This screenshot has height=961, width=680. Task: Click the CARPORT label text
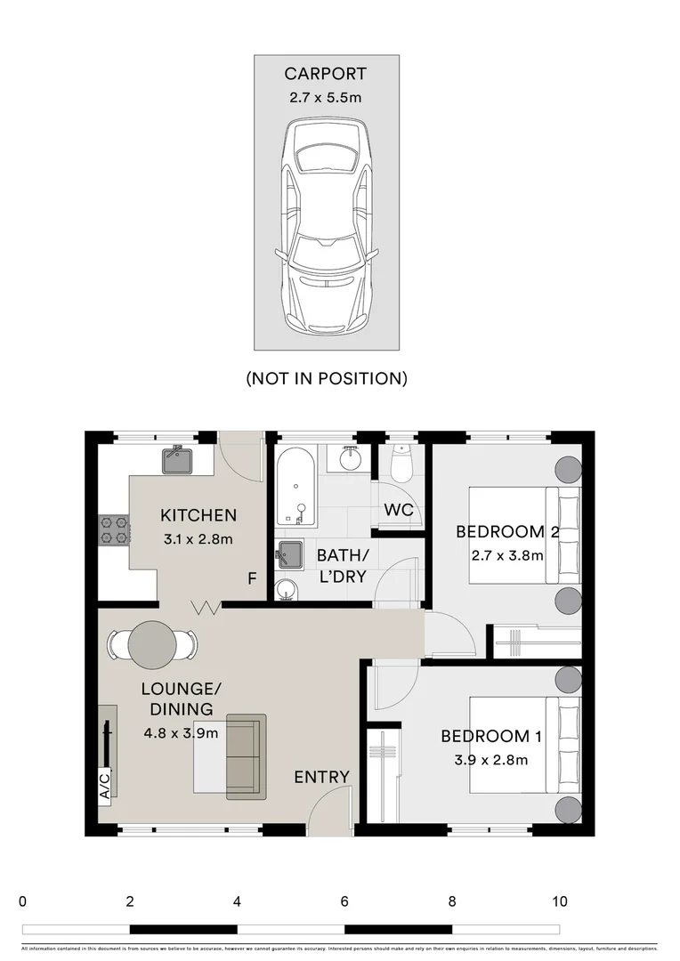tap(325, 74)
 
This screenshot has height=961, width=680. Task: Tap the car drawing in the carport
tap(326, 227)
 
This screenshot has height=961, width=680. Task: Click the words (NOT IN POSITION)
tap(327, 378)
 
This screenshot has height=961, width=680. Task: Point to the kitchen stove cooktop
tap(114, 530)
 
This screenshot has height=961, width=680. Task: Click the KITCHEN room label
tap(198, 515)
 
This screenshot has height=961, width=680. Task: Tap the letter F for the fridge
tap(252, 579)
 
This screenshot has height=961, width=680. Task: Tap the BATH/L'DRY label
tap(342, 566)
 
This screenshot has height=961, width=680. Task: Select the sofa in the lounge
tap(246, 755)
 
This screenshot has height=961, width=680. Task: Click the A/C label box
tap(104, 785)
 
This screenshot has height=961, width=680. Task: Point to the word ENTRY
tap(321, 778)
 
